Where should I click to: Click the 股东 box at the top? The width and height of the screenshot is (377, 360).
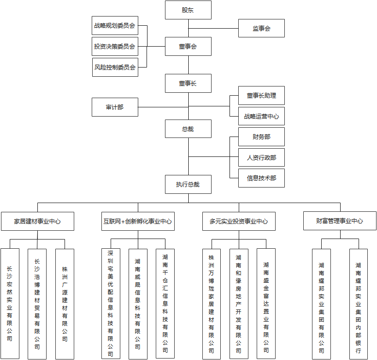[x=188, y=10]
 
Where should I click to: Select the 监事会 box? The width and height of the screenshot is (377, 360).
[x=261, y=28]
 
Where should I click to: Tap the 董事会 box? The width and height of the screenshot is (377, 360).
[x=188, y=47]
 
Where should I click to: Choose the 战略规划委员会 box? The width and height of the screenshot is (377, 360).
[x=115, y=25]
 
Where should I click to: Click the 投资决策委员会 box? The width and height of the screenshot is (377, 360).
[x=115, y=47]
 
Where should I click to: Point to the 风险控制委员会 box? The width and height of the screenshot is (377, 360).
[x=115, y=67]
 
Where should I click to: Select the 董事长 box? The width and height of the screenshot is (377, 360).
[x=188, y=84]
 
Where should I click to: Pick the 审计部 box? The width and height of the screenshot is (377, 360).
[x=115, y=107]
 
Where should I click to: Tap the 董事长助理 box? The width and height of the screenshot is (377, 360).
[x=261, y=96]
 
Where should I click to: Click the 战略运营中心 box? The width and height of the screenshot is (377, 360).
[x=261, y=117]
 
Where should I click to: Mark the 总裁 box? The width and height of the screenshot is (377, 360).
[x=188, y=129]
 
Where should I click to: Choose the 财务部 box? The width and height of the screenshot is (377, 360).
[x=261, y=137]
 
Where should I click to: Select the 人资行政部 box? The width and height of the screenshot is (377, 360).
[x=261, y=157]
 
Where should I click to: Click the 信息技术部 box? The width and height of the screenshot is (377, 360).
[x=261, y=178]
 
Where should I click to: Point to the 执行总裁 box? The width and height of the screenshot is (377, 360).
[x=188, y=185]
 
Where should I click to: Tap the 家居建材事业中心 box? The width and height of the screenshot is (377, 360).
[x=37, y=221]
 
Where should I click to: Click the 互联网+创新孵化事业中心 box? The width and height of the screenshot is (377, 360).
[x=137, y=221]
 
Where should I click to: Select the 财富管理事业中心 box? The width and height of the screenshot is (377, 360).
[x=340, y=221]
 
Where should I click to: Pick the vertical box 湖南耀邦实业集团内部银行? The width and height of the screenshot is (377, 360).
[x=358, y=304]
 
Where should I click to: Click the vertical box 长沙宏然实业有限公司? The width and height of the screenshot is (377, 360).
[x=10, y=304]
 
